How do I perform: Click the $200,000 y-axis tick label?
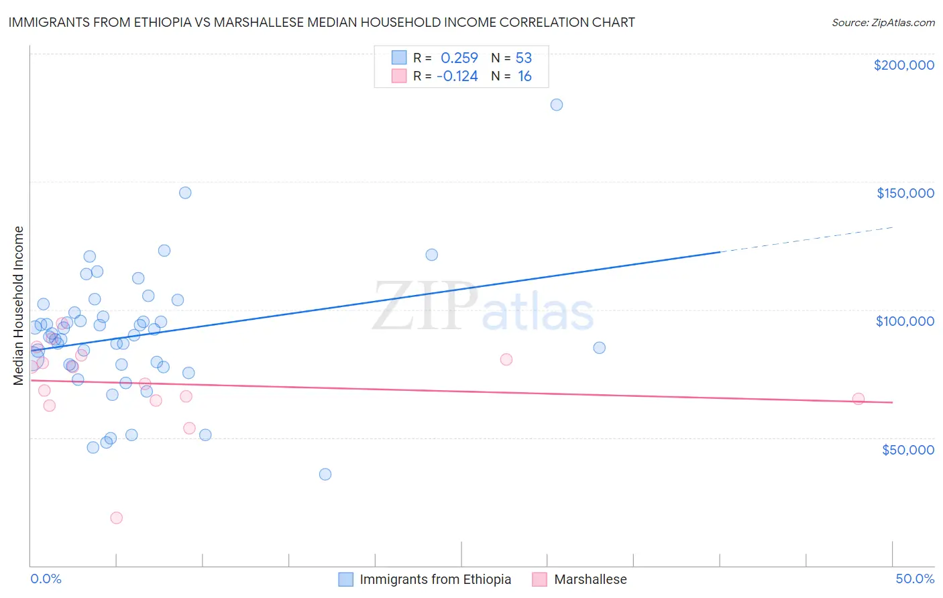click(903, 65)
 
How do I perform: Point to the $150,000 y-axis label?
click(905, 193)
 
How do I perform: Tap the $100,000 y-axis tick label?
click(905, 321)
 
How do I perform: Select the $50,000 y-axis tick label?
click(907, 449)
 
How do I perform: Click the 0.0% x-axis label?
click(46, 579)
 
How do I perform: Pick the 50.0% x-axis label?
click(914, 579)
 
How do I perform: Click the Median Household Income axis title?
click(19, 306)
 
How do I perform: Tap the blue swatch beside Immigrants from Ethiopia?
click(345, 579)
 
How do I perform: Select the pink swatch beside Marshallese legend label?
click(539, 579)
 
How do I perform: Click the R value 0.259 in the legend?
click(459, 58)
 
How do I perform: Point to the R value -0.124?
click(457, 76)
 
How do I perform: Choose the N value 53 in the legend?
click(523, 58)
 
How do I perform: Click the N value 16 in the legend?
click(524, 76)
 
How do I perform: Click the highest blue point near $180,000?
click(556, 105)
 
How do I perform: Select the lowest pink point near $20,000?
click(116, 518)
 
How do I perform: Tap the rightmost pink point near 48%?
click(858, 399)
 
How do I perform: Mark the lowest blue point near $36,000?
click(325, 474)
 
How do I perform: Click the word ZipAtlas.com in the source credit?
click(901, 23)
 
